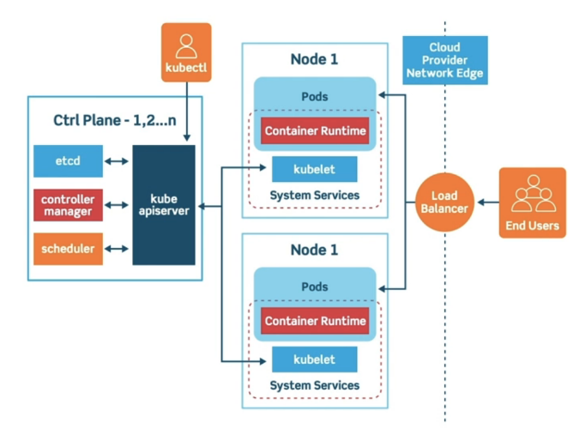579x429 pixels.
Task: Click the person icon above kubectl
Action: click(x=186, y=46)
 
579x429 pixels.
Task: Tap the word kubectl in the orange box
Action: click(x=186, y=68)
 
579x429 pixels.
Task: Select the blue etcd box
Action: click(x=68, y=161)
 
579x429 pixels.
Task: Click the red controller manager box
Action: click(x=68, y=205)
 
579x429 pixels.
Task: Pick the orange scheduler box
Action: click(x=68, y=249)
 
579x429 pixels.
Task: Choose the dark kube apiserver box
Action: click(x=164, y=205)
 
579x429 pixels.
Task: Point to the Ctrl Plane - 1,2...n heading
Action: click(x=115, y=120)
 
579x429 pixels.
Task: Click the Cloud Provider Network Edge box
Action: click(x=445, y=60)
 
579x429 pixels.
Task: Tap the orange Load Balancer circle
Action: click(x=444, y=202)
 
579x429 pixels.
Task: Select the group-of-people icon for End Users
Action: click(x=534, y=194)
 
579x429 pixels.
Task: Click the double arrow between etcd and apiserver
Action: click(x=117, y=161)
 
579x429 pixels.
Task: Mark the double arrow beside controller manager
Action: click(x=117, y=205)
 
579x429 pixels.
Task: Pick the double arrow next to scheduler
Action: click(x=117, y=249)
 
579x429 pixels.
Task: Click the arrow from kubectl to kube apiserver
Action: click(x=187, y=112)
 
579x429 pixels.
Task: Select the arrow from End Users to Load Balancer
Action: click(x=488, y=202)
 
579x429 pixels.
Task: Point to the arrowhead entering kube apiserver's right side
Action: click(x=202, y=206)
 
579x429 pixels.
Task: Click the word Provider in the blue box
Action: click(x=444, y=60)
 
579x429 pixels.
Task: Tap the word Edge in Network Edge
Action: click(x=470, y=73)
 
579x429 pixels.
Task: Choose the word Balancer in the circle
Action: click(x=444, y=208)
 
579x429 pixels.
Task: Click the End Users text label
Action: click(x=533, y=226)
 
